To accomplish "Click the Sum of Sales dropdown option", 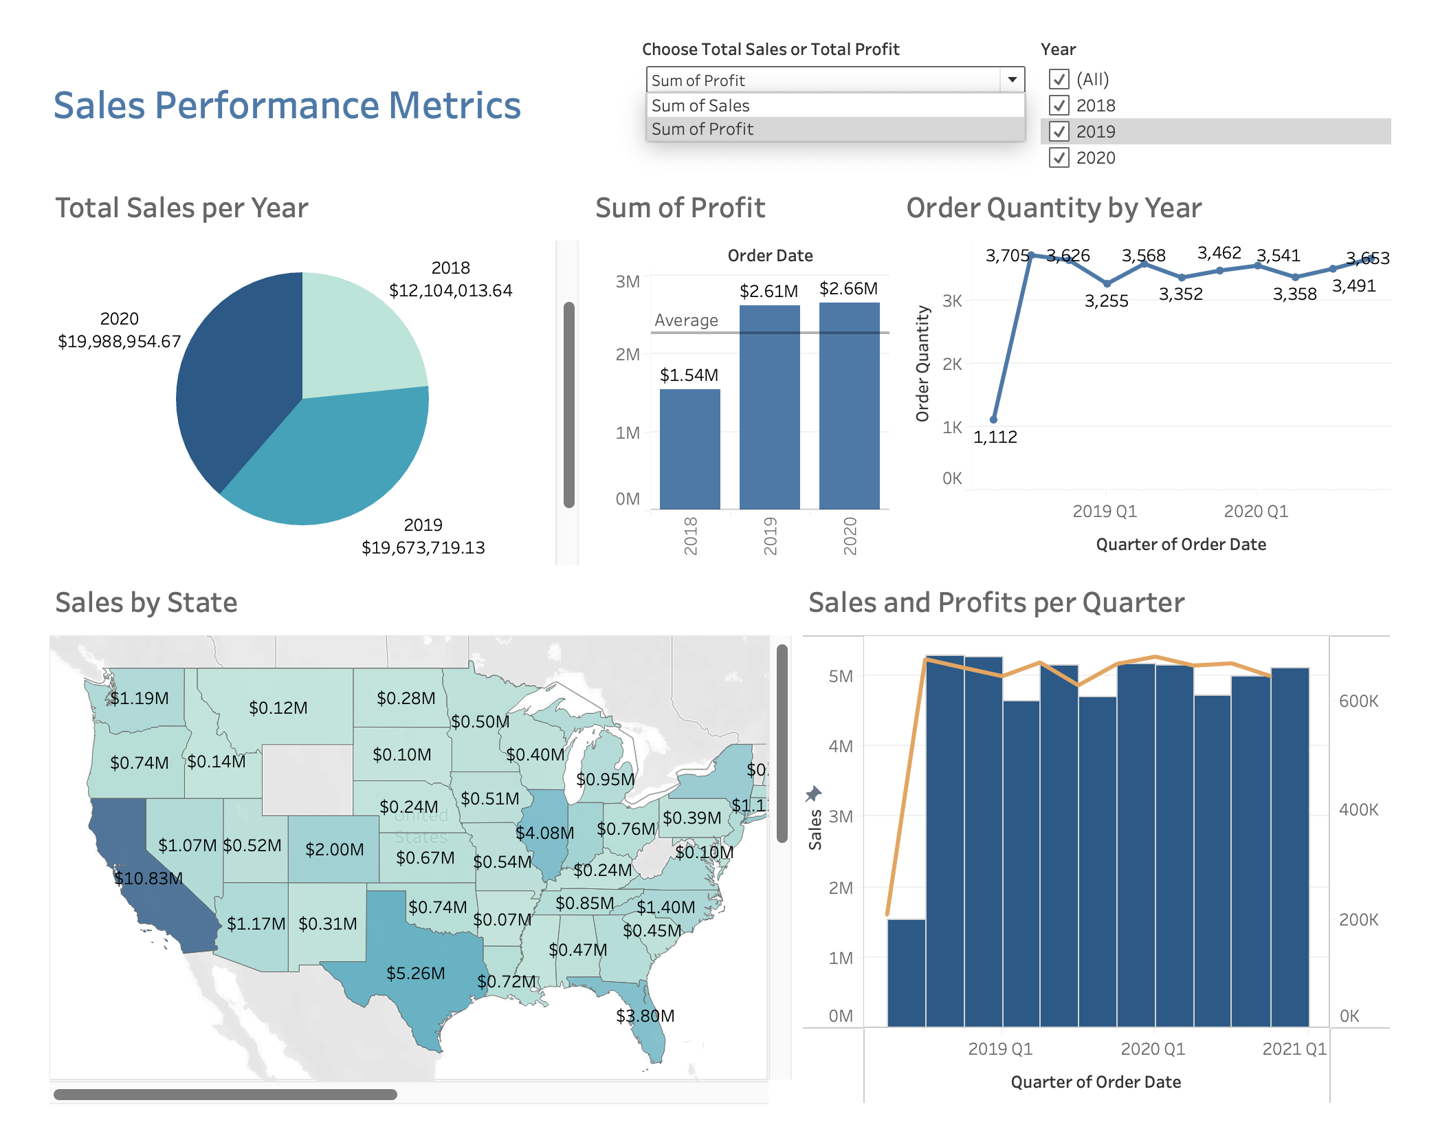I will (700, 106).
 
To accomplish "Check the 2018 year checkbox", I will (1059, 106).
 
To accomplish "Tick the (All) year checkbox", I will (1059, 80).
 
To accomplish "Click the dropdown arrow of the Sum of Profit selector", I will (1012, 80).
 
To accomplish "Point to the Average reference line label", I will (686, 320).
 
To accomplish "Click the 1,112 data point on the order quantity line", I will (993, 419).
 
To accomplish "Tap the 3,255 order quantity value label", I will (1106, 301).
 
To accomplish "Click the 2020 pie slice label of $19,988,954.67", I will (120, 341).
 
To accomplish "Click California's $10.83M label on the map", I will (148, 878).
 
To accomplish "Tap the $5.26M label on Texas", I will (415, 973).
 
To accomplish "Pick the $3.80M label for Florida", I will (645, 1016).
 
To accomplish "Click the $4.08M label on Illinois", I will (544, 833).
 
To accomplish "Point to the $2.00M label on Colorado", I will (334, 849).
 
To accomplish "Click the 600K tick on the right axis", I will (1358, 701).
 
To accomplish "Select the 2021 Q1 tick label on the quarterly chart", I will (1294, 1049).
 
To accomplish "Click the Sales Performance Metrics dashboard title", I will (287, 106).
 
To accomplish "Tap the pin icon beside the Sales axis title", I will (814, 794).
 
